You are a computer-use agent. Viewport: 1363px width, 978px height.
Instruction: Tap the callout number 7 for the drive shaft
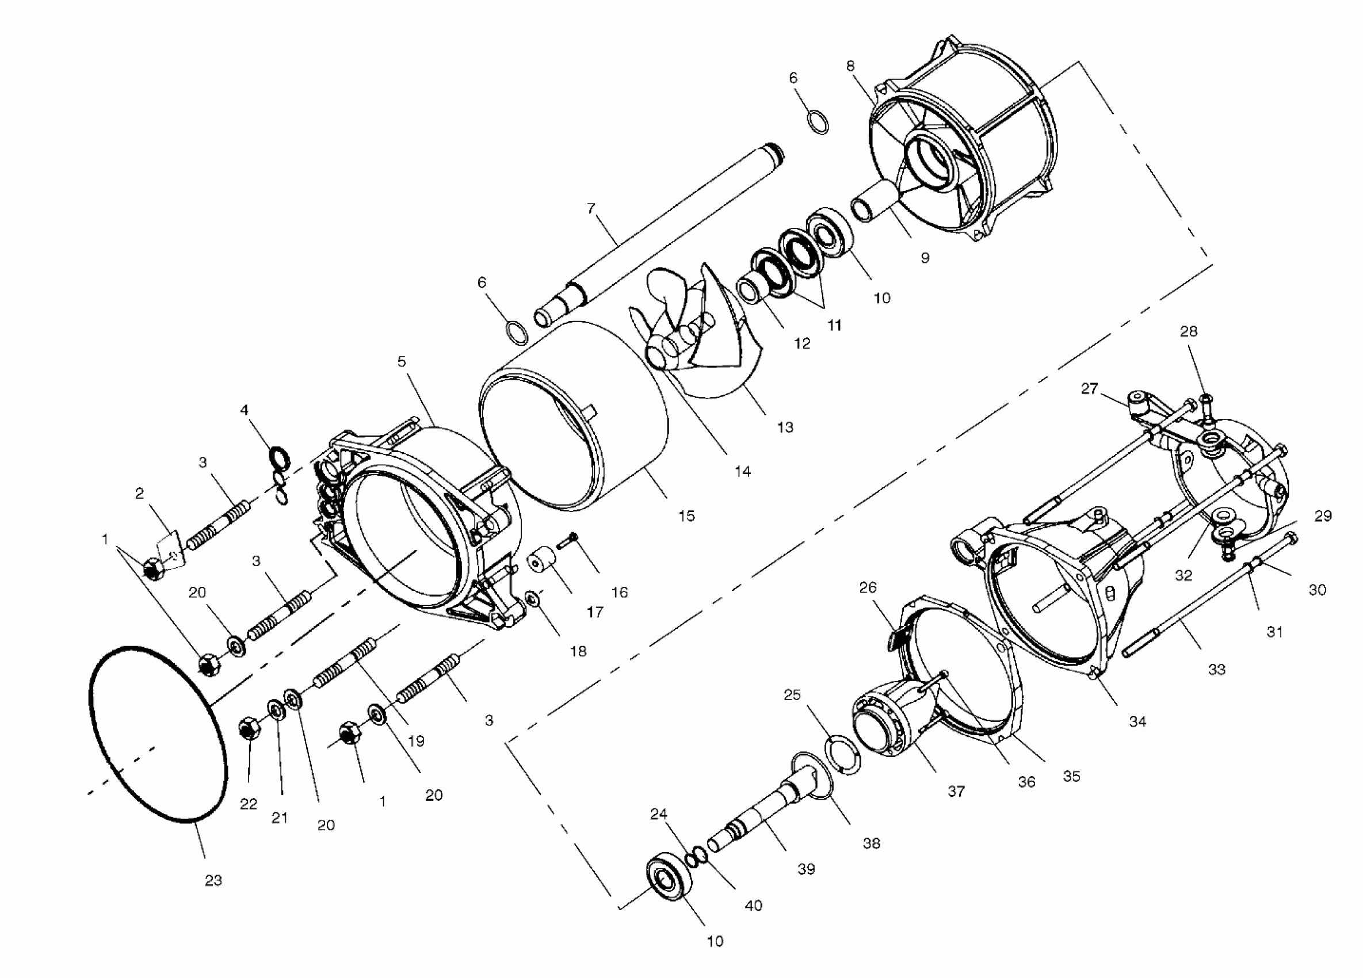click(591, 208)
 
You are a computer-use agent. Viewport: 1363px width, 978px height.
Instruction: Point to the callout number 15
click(686, 515)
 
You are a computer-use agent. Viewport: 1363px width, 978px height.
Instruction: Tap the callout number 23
click(213, 880)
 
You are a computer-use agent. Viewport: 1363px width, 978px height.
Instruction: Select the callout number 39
click(806, 869)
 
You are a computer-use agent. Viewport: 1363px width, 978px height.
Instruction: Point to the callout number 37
click(956, 791)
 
